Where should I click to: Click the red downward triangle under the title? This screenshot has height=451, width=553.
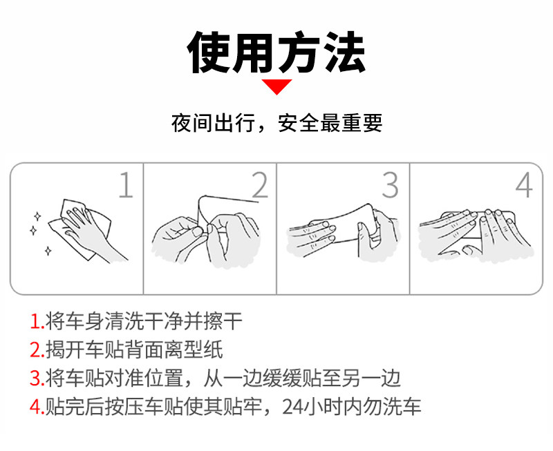coord(276,86)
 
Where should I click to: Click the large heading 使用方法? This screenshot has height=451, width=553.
coord(276,52)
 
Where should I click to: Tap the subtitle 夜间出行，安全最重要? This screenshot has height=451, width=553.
coord(277,123)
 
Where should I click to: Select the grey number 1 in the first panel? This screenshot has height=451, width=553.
coord(126,185)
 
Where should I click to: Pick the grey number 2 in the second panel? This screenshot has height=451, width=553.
coord(260,185)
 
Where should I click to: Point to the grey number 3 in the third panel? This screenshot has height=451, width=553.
coord(391,185)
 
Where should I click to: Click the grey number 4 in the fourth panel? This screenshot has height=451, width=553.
coord(524,185)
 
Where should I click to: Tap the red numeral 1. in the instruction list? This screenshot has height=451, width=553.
coord(37,321)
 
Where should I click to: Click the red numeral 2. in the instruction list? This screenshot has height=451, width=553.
coord(37,350)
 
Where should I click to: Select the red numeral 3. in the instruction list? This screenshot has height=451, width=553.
coord(37,378)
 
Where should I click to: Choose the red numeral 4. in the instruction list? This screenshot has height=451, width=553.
coord(37,406)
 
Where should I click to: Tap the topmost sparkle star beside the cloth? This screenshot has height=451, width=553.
coord(37,216)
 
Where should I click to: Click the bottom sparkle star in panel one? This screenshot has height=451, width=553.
coord(48,251)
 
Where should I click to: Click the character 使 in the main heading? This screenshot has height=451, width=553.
coord(209,52)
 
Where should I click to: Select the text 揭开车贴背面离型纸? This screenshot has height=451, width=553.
coord(134,350)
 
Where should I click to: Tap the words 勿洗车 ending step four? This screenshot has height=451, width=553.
coord(391,407)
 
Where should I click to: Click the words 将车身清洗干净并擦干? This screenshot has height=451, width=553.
coord(144,321)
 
